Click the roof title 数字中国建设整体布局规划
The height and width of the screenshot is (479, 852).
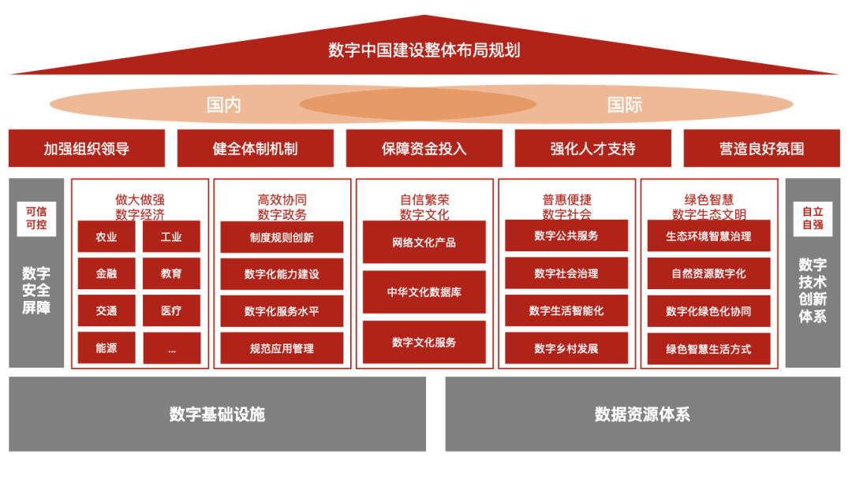(x=424, y=50)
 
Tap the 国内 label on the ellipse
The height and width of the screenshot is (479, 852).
(x=223, y=105)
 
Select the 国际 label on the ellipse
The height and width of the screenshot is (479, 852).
(x=625, y=105)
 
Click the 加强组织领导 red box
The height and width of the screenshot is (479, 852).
(x=87, y=148)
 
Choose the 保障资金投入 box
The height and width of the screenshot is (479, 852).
(x=424, y=148)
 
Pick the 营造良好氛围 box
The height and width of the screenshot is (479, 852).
(x=762, y=148)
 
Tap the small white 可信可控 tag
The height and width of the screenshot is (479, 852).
(x=36, y=218)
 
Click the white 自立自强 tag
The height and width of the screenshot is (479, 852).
(x=813, y=218)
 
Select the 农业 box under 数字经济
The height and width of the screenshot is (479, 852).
(x=106, y=236)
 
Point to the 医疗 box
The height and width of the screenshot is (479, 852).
(x=172, y=310)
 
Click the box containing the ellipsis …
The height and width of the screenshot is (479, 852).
(x=172, y=347)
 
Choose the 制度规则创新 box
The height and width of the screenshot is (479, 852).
(x=282, y=237)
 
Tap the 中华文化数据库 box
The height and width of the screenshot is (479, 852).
(x=424, y=291)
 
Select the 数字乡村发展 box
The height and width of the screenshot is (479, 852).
(x=566, y=348)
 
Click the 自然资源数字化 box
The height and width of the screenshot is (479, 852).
(x=709, y=273)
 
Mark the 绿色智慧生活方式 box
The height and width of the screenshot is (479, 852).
(x=709, y=349)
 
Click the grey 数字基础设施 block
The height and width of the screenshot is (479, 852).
(x=218, y=414)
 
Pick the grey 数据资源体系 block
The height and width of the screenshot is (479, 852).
(x=643, y=414)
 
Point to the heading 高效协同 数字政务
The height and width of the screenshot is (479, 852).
(x=282, y=207)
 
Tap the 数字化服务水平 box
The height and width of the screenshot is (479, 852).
(x=282, y=311)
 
